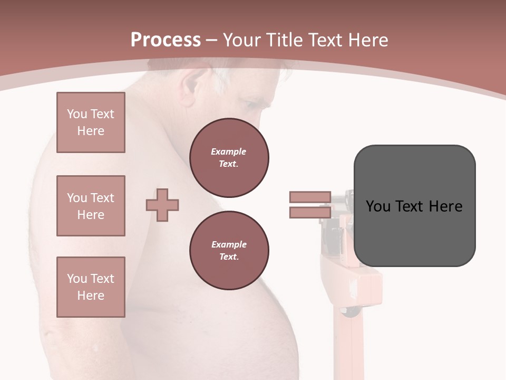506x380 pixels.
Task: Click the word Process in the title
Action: click(166, 40)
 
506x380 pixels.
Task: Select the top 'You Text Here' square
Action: click(91, 122)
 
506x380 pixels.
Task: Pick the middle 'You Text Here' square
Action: click(91, 206)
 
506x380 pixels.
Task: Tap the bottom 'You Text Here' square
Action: click(91, 287)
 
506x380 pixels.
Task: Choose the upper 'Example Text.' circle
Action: click(229, 158)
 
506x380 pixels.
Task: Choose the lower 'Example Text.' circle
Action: click(229, 251)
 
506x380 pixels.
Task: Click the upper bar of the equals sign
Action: click(310, 197)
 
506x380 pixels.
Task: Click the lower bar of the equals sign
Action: click(310, 213)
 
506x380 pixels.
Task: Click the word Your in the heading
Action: click(241, 40)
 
